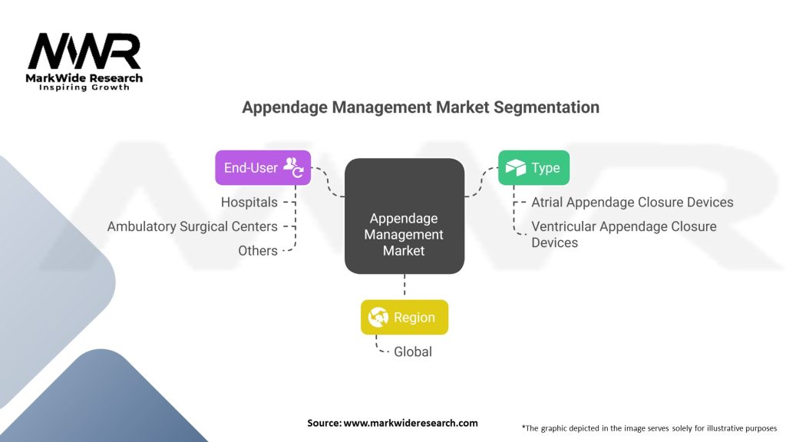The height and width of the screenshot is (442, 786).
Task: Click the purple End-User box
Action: (x=263, y=167)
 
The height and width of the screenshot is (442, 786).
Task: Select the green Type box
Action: (x=533, y=167)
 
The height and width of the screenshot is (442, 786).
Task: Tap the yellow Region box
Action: (x=404, y=317)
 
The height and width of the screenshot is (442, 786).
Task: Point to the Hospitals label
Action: (x=249, y=202)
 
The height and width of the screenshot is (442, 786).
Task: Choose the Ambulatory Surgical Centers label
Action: (x=192, y=226)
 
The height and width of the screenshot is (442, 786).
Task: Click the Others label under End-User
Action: (x=257, y=250)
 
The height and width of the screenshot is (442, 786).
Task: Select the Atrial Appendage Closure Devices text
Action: (x=632, y=202)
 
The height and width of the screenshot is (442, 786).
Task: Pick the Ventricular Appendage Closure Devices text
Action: (x=624, y=234)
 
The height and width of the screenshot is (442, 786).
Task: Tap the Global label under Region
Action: (x=413, y=351)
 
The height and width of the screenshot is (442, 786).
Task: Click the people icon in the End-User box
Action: (x=295, y=167)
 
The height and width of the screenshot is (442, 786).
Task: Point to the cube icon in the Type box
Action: (x=515, y=167)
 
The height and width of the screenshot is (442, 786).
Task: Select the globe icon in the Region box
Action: (x=378, y=317)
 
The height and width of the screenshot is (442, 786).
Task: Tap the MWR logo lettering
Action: (x=84, y=52)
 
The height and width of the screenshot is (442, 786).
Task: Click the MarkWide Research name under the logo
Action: (x=84, y=78)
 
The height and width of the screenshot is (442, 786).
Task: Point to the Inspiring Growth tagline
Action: (x=84, y=87)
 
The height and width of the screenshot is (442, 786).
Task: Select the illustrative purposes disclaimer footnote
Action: (x=649, y=427)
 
